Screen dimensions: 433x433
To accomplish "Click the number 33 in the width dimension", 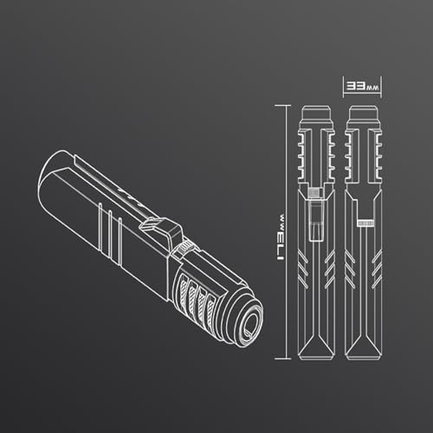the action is (356, 86).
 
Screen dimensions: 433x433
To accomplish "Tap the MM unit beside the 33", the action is (372, 87).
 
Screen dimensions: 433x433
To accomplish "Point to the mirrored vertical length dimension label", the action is (279, 237).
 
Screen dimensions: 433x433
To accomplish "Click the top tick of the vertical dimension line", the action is (282, 106).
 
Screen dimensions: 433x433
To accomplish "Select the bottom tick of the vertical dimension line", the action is (282, 359).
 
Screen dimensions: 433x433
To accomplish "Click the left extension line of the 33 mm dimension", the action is (343, 87).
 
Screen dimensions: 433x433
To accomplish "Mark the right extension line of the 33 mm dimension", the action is (381, 87).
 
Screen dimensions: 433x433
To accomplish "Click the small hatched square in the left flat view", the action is (314, 192).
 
